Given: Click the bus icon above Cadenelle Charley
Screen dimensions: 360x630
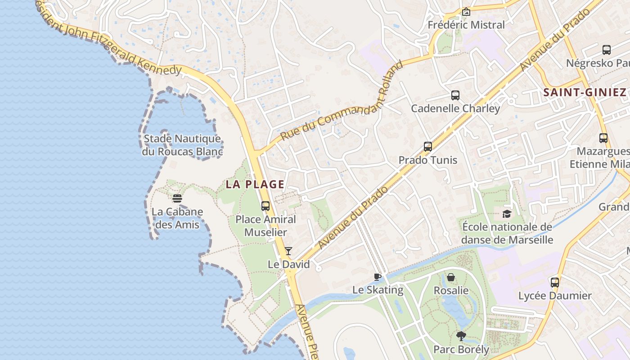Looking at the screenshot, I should point(455,95).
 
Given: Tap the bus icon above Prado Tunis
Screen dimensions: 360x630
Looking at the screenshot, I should point(428,147).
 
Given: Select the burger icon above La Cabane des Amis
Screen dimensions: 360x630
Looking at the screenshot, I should point(177,198).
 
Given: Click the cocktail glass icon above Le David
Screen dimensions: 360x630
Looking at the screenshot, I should point(288,251).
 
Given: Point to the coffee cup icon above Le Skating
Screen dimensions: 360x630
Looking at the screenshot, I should point(378,277).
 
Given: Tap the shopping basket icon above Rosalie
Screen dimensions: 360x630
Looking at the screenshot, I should point(451,277).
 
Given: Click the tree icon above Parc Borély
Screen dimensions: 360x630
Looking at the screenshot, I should point(461,336).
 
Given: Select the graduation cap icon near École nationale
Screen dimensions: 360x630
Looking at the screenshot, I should point(507,214).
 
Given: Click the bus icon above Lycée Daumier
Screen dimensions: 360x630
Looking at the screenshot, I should point(555,283).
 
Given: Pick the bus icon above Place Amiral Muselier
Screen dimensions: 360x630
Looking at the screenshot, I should point(265,206).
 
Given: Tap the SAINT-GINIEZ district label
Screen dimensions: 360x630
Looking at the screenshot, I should point(585,93).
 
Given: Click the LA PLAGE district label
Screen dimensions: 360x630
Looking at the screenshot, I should point(255,184).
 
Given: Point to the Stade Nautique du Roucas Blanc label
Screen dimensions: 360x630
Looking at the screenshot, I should point(182,145).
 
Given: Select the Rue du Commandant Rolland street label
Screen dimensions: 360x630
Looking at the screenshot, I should point(341,102).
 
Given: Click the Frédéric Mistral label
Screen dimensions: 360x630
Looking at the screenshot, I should point(466,25).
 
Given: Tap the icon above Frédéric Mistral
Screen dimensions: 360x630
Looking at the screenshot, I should point(466,12).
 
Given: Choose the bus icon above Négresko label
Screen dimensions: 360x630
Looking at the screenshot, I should point(607,49).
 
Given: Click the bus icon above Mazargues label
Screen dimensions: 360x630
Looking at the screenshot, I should point(603,138).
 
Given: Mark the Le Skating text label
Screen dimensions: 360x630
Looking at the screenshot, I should point(378,290).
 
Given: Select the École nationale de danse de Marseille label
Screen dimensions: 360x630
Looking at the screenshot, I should point(507,233).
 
